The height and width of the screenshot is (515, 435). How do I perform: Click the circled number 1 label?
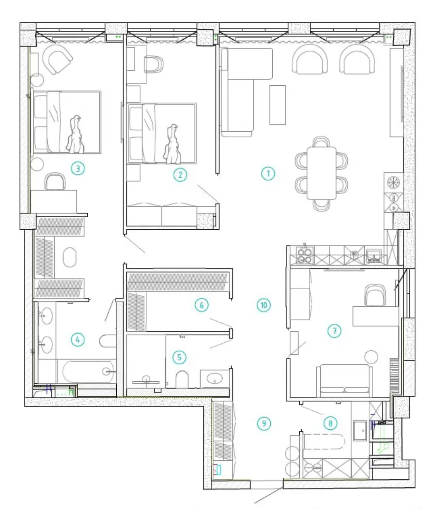268,173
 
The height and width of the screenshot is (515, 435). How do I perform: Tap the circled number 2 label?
180,175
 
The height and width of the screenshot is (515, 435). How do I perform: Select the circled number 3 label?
78,169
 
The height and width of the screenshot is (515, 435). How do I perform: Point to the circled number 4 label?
78,340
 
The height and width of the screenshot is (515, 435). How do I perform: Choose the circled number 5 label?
179,357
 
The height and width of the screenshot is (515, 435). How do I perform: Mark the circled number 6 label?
202,305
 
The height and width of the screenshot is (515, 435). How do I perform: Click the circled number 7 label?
335,331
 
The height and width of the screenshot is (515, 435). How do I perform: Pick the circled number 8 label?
330,423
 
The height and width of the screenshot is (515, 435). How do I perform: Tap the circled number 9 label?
264,423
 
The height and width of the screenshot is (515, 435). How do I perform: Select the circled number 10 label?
264,305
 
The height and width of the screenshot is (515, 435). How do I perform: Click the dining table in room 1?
321,173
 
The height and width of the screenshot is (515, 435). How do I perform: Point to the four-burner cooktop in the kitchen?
305,256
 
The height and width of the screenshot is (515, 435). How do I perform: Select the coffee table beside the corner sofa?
278,105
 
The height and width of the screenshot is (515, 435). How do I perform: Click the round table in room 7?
371,357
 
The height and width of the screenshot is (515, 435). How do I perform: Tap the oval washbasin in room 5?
214,379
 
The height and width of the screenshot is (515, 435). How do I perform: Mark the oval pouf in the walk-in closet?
69,257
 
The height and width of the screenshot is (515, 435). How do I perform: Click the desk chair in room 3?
55,182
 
